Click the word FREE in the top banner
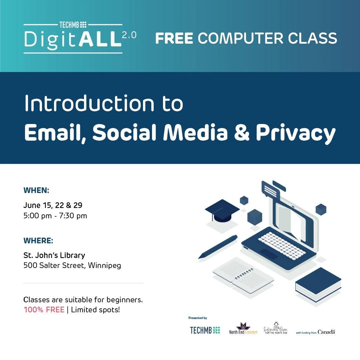[174, 38]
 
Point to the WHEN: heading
[36, 190]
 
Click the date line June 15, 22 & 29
[53, 205]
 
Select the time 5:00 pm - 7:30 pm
[55, 216]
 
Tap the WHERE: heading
[38, 240]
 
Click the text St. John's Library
[54, 255]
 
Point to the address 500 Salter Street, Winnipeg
[72, 266]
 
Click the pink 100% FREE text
[44, 310]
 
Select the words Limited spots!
[95, 310]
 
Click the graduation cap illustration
[222, 210]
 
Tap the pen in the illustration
[218, 247]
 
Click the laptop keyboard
[282, 245]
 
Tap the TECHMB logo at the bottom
[205, 330]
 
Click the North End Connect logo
[243, 329]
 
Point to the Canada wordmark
[326, 332]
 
